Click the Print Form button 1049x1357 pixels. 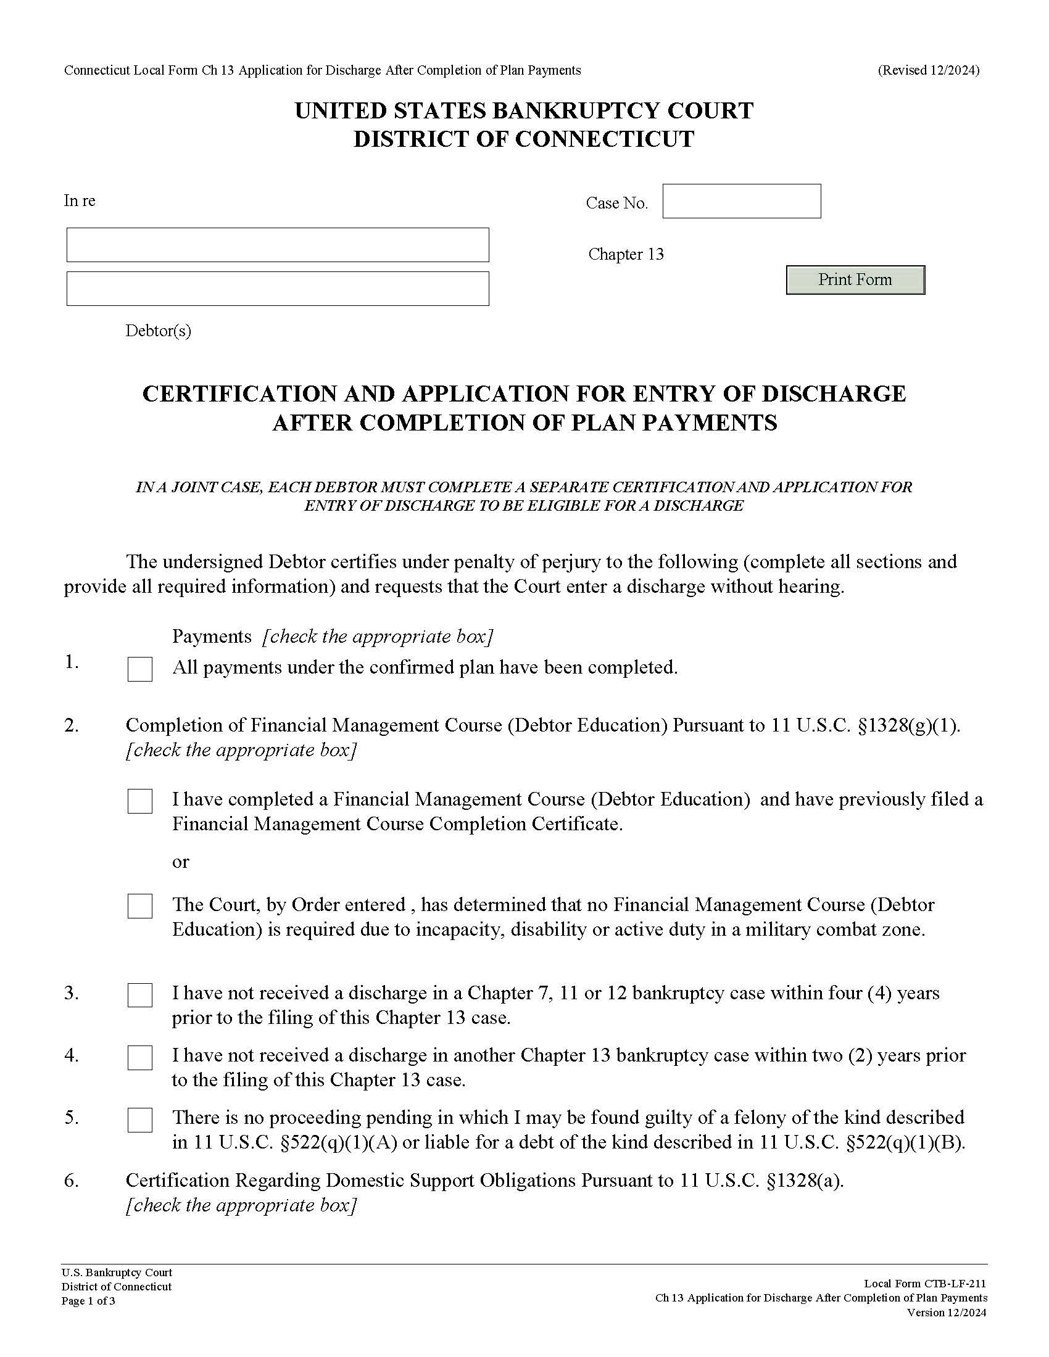click(855, 280)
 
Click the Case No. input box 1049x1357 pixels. click(741, 201)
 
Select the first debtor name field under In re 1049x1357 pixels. click(278, 245)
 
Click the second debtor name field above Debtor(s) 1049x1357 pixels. click(278, 289)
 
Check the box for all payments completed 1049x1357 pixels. click(140, 669)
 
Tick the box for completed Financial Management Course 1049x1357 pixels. click(140, 801)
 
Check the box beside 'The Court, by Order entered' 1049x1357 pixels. click(140, 907)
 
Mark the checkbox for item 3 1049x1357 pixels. click(140, 995)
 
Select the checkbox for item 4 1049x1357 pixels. click(140, 1057)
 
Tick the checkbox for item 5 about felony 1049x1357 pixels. click(140, 1120)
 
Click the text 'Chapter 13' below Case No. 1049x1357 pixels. click(626, 255)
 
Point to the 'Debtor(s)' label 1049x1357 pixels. click(159, 331)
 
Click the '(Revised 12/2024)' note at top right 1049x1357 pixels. click(929, 70)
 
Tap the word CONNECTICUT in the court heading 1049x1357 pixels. click(604, 139)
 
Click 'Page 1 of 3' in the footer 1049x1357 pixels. click(88, 1301)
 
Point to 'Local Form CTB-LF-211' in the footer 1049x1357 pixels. click(925, 1284)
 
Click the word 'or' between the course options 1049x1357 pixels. click(180, 862)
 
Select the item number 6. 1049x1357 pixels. click(72, 1181)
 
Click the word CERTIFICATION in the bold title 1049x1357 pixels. click(267, 394)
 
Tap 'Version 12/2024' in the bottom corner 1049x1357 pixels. click(947, 1313)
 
